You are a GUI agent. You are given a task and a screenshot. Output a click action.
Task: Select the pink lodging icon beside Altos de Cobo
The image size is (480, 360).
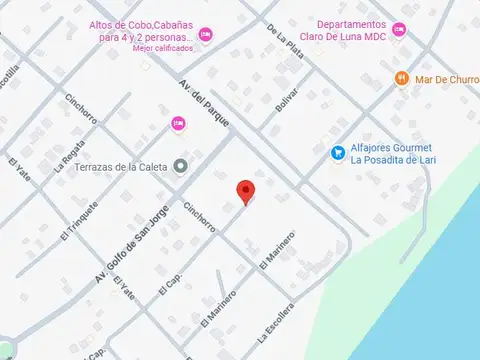pyautogui.click(x=205, y=35)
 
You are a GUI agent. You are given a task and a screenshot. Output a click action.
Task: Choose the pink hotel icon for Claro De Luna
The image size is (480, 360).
pyautogui.click(x=399, y=29)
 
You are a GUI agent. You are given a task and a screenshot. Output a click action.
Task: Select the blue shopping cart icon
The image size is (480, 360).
pyautogui.click(x=339, y=153)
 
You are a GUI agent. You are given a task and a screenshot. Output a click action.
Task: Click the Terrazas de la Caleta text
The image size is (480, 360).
pyautogui.click(x=120, y=167)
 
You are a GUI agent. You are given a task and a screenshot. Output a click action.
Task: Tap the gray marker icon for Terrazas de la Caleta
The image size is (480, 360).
pyautogui.click(x=180, y=166)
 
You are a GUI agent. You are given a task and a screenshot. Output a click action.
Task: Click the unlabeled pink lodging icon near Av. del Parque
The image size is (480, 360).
pyautogui.click(x=179, y=123)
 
